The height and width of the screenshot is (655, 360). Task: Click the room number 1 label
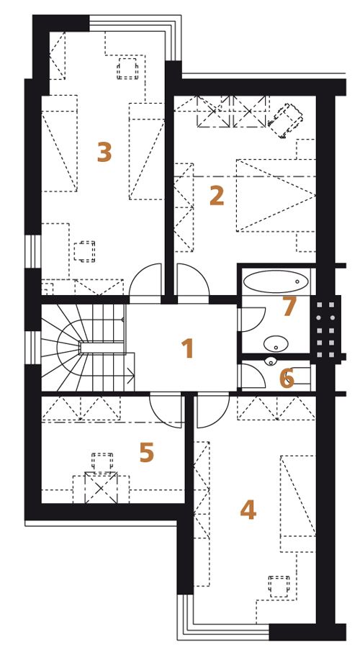187,348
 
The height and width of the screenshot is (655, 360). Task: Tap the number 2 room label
216,195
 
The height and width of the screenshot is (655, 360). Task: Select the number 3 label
104,152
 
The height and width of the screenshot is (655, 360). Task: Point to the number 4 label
248,510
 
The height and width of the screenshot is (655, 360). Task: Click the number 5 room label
147,453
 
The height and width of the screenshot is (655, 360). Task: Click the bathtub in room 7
276,282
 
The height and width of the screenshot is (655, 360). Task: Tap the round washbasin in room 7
276,344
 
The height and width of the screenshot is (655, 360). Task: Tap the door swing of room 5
166,412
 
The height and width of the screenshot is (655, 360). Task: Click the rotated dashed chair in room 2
286,120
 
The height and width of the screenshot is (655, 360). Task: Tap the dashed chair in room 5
102,462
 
